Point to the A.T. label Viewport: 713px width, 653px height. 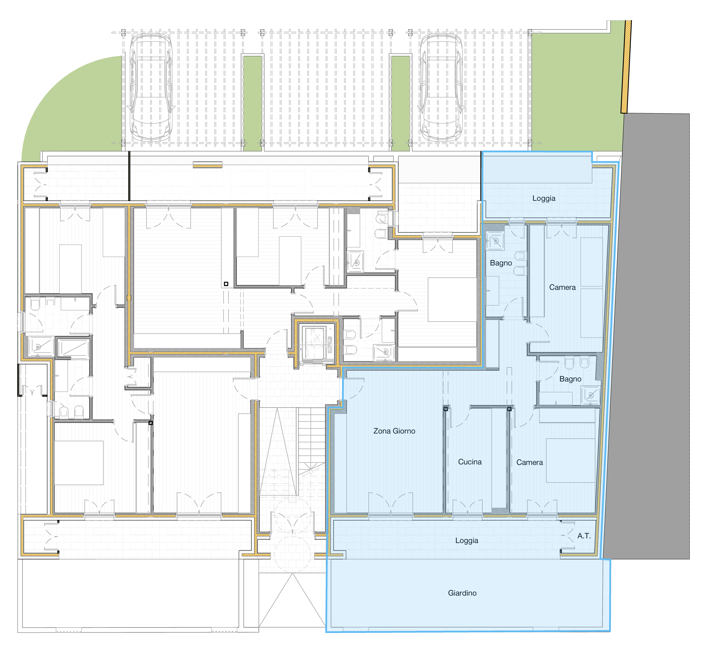[x=584, y=536]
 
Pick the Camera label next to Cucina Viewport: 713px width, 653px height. [x=529, y=462]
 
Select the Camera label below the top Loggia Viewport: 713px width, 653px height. [x=562, y=287]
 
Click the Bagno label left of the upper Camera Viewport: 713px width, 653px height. [x=501, y=263]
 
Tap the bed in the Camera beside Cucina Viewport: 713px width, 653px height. [x=570, y=460]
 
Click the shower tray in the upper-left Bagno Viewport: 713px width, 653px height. [x=495, y=241]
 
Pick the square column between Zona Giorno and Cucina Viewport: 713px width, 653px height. [x=446, y=409]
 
